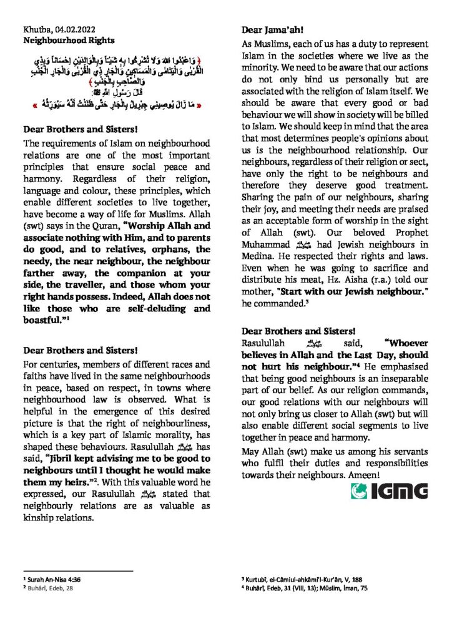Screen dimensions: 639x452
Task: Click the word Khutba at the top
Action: [35, 29]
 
